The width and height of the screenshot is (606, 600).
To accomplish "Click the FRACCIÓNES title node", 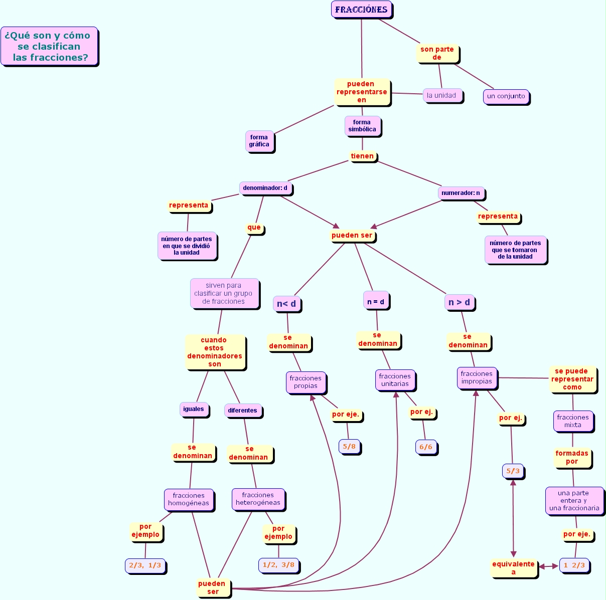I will (361, 10).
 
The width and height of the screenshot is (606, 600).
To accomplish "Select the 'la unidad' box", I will (442, 95).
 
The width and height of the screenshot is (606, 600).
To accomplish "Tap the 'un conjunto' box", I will (506, 96).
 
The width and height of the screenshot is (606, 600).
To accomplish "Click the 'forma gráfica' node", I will (259, 141).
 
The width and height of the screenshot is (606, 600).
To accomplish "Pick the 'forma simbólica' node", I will (362, 126).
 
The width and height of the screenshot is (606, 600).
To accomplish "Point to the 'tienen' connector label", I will (362, 156).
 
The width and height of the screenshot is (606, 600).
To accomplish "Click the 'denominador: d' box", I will (265, 188).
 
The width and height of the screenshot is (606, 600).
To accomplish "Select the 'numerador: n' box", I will (461, 193).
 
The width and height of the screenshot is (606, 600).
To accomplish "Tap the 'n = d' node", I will (376, 301).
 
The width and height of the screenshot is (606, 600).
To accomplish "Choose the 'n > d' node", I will (459, 302).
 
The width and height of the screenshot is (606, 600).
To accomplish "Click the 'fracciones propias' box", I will (306, 382).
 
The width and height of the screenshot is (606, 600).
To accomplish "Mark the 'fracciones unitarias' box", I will (395, 380).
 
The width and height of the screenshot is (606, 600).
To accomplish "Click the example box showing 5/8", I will (349, 446).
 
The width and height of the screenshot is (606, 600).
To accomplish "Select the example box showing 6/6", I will (426, 447).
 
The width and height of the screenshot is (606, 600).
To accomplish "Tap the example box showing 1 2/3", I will (574, 565).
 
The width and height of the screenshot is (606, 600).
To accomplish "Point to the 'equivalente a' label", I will (514, 568).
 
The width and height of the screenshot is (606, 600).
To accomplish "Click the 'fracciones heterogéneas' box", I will (258, 499).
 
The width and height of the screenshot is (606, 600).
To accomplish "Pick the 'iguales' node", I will (194, 409).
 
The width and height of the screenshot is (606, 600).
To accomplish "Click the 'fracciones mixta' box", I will (573, 421).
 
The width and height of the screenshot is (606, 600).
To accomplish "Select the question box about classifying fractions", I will (49, 46).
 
